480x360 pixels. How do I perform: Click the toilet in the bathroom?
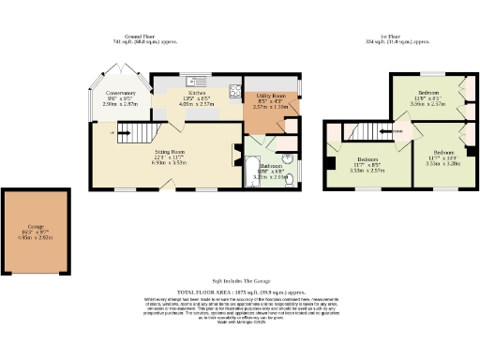(x=289, y=180)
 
